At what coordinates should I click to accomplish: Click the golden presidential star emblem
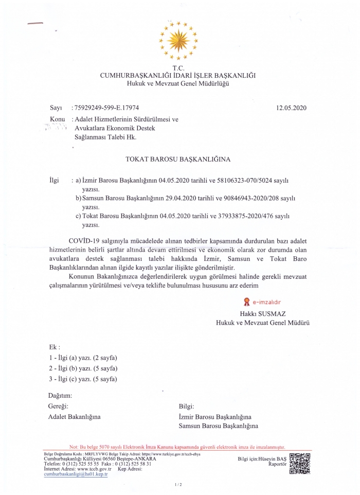coord(177,39)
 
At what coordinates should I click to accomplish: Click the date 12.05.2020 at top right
coord(291,108)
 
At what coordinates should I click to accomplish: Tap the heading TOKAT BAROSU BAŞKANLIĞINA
coord(178,160)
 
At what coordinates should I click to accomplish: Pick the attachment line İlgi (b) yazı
coord(83,368)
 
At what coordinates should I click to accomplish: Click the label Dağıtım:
coord(60,395)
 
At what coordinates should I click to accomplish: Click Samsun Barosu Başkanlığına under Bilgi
coord(219,426)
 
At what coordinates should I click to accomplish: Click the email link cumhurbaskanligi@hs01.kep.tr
coord(76,475)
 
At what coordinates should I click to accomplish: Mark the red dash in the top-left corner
coord(36,23)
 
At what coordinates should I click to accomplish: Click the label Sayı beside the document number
coord(56,108)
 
